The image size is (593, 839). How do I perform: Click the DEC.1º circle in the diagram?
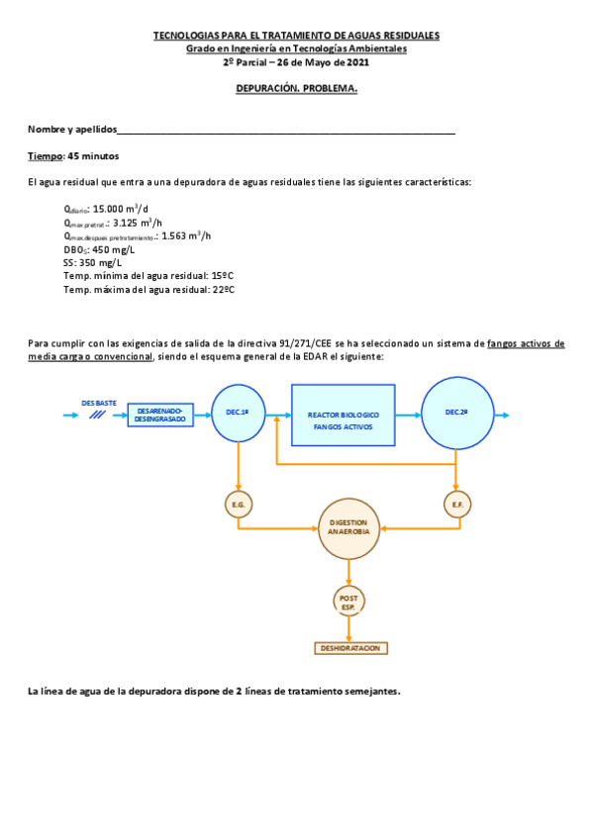coord(238,413)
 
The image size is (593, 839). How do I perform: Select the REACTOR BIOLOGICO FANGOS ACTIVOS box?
coord(343,414)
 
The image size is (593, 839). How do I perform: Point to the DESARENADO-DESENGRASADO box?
coord(160,416)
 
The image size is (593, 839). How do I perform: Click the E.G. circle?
coord(239,505)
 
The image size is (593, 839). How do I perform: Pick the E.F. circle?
coord(457,505)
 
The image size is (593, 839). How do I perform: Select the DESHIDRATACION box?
coord(348,648)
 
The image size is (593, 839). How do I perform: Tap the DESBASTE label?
coord(98,403)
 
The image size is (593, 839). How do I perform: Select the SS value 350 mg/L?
coord(100,263)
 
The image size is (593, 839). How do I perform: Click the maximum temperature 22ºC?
coord(223,290)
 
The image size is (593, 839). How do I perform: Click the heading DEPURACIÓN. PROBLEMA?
coord(296,88)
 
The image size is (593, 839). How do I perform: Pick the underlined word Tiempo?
coord(45,156)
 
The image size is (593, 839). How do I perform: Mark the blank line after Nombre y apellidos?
coord(286,131)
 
